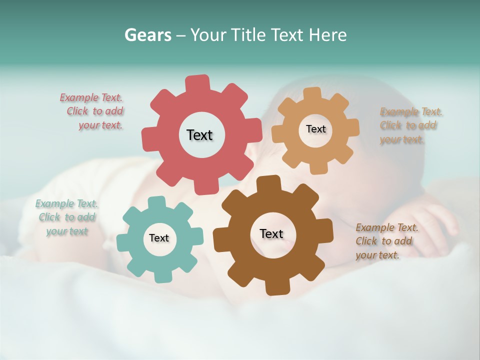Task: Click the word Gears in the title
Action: pyautogui.click(x=148, y=35)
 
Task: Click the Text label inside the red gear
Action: pyautogui.click(x=199, y=135)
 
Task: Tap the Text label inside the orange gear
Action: pyautogui.click(x=315, y=129)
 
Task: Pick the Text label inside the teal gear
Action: pyautogui.click(x=159, y=238)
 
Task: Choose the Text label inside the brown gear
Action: pyautogui.click(x=271, y=233)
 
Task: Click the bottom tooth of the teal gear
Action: pyautogui.click(x=160, y=276)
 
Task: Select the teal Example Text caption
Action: pyautogui.click(x=66, y=217)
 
